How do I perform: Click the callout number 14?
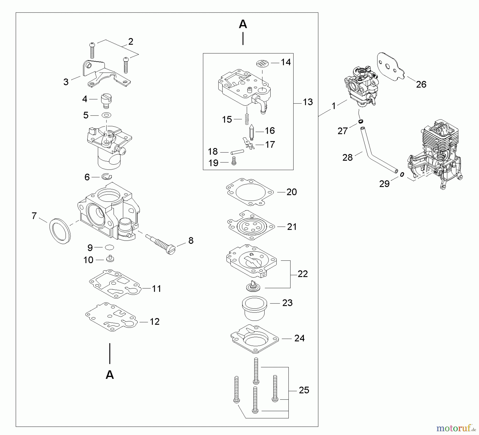pyautogui.click(x=286, y=62)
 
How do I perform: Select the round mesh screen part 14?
pyautogui.click(x=262, y=64)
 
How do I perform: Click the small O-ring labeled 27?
pyautogui.click(x=361, y=121)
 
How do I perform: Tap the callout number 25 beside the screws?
pyautogui.click(x=304, y=390)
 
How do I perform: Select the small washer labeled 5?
pyautogui.click(x=106, y=115)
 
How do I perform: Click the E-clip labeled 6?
pyautogui.click(x=107, y=177)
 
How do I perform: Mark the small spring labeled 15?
pyautogui.click(x=247, y=119)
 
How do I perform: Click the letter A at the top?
pyautogui.click(x=243, y=24)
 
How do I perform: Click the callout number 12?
pyautogui.click(x=154, y=322)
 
